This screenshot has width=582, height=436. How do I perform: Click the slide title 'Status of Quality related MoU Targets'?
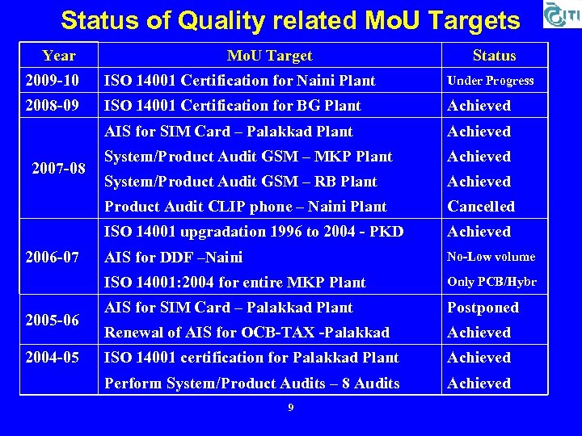[290, 19]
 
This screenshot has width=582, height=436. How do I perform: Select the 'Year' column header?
[59, 56]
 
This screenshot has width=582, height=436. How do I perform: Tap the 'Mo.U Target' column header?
[269, 56]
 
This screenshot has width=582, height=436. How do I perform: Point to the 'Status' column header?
[494, 56]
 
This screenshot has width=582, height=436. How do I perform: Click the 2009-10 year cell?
[53, 81]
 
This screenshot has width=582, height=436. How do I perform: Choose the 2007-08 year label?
[59, 170]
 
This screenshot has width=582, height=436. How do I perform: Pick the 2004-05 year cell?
[53, 358]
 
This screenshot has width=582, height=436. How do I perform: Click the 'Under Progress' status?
[491, 81]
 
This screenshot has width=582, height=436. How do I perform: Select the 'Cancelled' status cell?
[481, 207]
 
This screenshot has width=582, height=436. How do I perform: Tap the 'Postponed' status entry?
[483, 308]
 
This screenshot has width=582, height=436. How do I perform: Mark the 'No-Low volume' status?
[491, 257]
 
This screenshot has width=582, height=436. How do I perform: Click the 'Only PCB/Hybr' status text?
[491, 282]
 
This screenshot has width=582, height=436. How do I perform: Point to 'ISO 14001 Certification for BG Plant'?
[233, 106]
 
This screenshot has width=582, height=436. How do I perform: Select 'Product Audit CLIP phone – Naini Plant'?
[246, 207]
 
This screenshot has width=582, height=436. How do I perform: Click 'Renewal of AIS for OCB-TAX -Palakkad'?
[247, 333]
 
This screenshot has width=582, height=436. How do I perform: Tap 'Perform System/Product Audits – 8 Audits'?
[252, 384]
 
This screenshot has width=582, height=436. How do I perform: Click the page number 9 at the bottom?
[291, 407]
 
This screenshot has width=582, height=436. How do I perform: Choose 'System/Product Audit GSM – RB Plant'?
[241, 182]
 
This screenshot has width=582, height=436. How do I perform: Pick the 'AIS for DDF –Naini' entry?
[174, 258]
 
